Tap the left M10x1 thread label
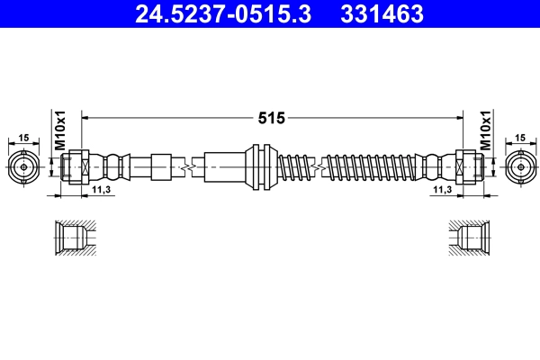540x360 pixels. coord(61,131)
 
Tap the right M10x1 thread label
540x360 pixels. coord(485,131)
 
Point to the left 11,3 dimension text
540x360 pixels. coord(101,191)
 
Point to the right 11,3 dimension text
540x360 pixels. coord(441,191)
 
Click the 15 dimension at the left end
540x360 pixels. coord(23,138)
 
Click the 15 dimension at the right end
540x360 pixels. coord(519,138)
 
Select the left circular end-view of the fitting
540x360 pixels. coord(23,166)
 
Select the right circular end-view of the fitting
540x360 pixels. coord(519,166)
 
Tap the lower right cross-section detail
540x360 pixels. coord(472,238)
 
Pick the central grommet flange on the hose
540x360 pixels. coord(261,166)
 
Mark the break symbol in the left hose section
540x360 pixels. coord(187,166)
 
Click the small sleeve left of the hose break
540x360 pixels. coord(160,166)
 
